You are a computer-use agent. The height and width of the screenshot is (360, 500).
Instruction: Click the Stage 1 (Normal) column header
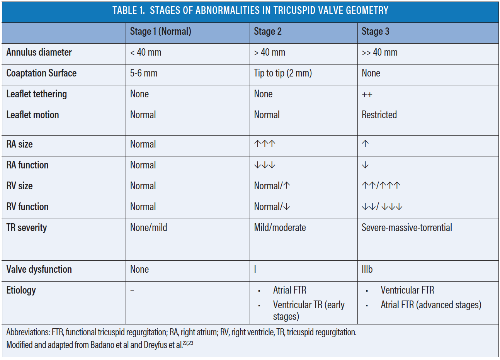point(160,32)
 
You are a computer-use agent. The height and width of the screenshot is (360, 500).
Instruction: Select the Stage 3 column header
point(375,32)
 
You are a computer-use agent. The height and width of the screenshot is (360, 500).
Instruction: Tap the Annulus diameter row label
point(39,53)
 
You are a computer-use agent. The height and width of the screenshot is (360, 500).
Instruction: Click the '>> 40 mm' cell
point(379,53)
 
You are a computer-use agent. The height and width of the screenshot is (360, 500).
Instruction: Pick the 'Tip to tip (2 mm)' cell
point(282,73)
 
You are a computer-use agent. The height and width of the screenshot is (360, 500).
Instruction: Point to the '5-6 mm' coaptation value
point(144,73)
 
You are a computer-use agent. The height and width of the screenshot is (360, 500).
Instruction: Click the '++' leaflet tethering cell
point(367,95)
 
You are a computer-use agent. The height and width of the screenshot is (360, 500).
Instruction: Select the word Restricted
point(379,115)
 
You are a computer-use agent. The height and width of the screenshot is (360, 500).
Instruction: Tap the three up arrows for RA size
point(265,144)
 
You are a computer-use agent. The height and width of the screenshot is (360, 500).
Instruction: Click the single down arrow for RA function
point(365,165)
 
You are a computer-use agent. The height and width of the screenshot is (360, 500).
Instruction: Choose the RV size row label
point(20,186)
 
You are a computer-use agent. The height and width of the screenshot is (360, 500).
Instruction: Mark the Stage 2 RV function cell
point(272,207)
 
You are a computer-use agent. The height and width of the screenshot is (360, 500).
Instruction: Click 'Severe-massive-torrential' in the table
point(406,228)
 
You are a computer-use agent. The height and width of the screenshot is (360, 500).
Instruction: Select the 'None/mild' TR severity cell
point(148,228)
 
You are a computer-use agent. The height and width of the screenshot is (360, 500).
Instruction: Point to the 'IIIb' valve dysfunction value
point(367,270)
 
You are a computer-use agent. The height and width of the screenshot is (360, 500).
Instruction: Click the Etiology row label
point(21,290)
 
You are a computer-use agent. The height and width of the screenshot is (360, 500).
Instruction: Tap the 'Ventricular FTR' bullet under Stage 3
point(407,290)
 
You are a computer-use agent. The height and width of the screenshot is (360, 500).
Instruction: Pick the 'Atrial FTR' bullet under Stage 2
point(289,290)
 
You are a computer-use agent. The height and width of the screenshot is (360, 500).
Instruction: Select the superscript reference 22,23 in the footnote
point(188,343)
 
